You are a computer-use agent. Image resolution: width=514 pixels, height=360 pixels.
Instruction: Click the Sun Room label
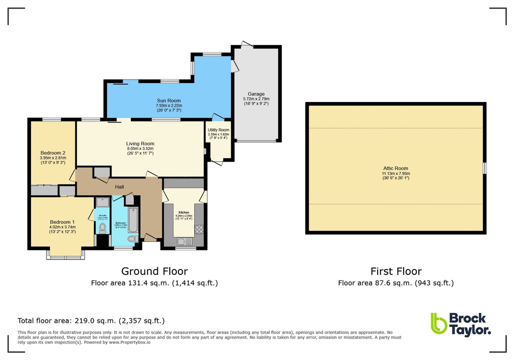(168, 100)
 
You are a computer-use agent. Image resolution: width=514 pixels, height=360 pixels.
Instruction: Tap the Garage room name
(256, 94)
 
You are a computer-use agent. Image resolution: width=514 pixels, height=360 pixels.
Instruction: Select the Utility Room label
(218, 130)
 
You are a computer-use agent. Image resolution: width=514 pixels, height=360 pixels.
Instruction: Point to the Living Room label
(140, 143)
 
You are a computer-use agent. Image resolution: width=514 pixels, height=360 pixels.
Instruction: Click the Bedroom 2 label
(53, 153)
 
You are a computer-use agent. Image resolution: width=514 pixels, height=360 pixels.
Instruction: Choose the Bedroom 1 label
(62, 222)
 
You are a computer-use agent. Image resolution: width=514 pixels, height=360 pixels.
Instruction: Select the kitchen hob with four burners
(199, 229)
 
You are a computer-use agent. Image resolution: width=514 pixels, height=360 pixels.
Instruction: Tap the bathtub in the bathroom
(133, 220)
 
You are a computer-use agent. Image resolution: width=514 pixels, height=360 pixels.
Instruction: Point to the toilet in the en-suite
(102, 228)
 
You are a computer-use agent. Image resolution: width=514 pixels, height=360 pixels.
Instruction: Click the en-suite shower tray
(102, 202)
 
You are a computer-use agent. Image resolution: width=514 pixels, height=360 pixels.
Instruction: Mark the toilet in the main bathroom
(132, 239)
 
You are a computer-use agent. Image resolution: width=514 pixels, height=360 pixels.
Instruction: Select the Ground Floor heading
(155, 271)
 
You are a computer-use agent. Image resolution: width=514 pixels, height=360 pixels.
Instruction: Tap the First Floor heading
(396, 271)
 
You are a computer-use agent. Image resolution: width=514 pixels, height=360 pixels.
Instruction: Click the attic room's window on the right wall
(484, 168)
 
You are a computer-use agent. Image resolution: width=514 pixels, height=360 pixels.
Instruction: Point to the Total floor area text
(91, 320)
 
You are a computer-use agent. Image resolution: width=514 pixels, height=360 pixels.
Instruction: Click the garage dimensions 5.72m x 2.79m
(256, 99)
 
